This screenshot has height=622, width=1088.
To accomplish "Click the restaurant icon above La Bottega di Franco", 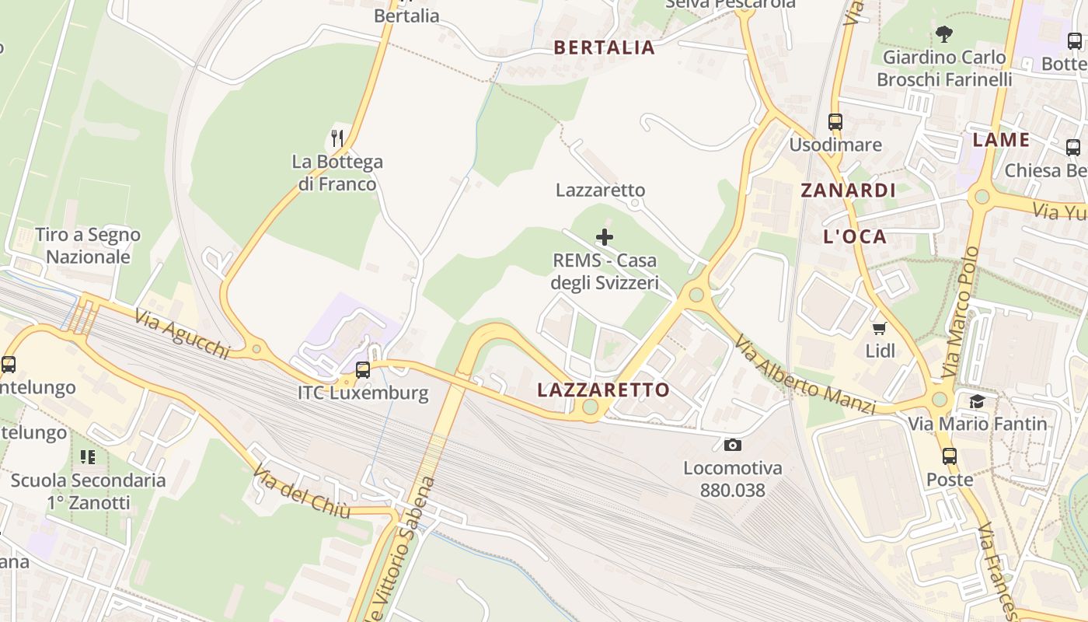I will (x=337, y=138).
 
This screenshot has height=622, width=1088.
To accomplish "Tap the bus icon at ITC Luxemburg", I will (x=363, y=370).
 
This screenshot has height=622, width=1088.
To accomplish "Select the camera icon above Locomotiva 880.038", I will (x=732, y=446).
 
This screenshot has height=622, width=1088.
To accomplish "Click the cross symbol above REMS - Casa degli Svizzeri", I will (x=604, y=237).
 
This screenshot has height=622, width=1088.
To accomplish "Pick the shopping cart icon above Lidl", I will (x=880, y=329).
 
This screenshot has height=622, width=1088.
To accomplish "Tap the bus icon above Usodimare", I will (x=835, y=122).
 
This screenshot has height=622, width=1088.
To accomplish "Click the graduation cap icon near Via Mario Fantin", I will (x=977, y=401).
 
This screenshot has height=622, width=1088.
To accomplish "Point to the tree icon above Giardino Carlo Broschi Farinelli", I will (x=944, y=34).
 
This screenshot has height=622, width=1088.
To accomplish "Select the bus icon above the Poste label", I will (x=949, y=456).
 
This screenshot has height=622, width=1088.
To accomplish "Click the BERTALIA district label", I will (x=604, y=47).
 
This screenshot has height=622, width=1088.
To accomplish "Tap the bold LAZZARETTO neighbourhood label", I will (x=603, y=390).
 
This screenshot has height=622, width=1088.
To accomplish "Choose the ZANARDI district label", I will (x=849, y=190).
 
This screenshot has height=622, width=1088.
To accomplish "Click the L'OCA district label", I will (x=855, y=237).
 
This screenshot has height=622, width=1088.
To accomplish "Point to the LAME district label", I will (x=1001, y=140).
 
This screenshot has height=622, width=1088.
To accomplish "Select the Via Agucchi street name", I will (x=182, y=334).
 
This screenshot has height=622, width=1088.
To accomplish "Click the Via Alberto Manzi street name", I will (x=805, y=376).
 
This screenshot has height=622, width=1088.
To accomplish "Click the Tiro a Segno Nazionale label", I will (x=88, y=246).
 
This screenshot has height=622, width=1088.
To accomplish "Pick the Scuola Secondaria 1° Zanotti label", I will (x=88, y=491).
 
